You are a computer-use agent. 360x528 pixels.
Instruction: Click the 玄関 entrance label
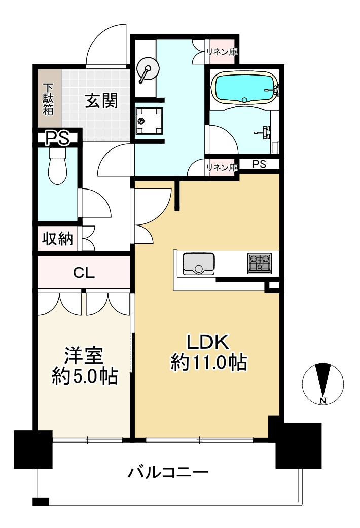(101, 101)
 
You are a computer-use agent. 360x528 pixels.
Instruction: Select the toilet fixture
(58, 167)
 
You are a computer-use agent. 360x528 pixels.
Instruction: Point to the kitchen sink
(198, 263)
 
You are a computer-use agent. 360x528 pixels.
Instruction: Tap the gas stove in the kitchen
(260, 263)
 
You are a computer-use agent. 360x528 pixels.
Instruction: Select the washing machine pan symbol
(149, 121)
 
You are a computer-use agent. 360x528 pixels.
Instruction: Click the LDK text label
(208, 343)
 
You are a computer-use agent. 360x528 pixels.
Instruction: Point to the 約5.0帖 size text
(85, 376)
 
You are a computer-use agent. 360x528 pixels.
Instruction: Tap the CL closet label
(84, 273)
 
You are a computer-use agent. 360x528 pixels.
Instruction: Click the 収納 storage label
(57, 239)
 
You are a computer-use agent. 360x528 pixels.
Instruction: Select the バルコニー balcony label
(167, 473)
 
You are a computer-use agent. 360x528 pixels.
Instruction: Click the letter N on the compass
(323, 401)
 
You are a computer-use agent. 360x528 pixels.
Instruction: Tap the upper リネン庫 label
(222, 52)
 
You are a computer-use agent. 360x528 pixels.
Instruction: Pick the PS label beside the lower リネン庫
(260, 164)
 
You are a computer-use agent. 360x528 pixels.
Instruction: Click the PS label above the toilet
(57, 138)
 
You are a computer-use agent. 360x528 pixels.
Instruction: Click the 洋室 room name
(84, 357)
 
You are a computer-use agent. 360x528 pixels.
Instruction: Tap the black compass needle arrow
(323, 380)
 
